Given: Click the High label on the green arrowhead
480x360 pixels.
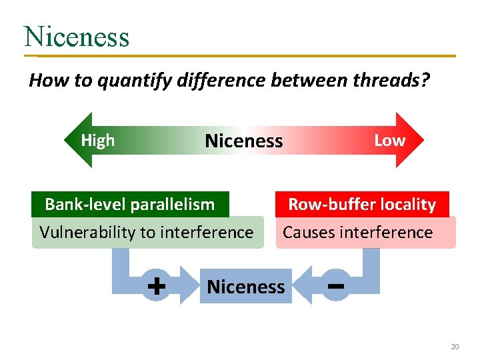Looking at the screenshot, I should click(97, 140).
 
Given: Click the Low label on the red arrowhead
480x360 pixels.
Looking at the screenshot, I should click(389, 140).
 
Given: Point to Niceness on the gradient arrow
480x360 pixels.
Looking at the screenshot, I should click(244, 141).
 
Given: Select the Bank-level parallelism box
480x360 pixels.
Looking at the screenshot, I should click(130, 204).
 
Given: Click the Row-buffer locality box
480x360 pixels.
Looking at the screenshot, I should click(362, 204).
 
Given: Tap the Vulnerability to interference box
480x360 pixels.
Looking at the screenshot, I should click(147, 232).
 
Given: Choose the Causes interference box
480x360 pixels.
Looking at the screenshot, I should click(358, 232).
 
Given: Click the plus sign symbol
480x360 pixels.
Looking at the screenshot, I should click(156, 287).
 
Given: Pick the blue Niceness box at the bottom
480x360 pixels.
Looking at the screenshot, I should click(246, 287).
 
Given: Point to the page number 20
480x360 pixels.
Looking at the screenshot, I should click(455, 347).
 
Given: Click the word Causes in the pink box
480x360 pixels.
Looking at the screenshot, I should click(309, 232).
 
